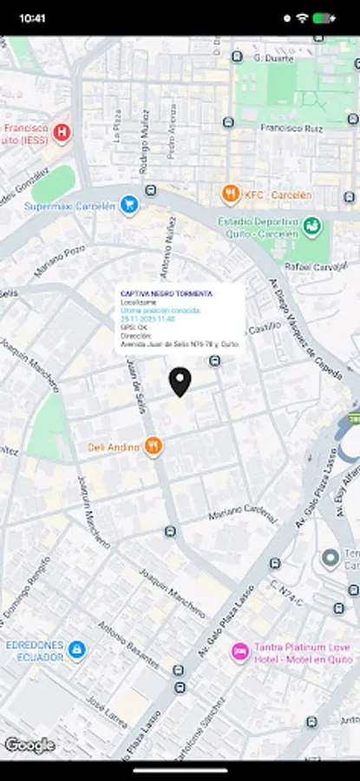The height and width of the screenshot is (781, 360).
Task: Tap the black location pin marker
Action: pyautogui.click(x=180, y=381)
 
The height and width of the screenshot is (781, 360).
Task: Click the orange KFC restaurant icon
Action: pyautogui.click(x=231, y=194)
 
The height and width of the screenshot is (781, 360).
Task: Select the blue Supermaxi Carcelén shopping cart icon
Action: pyautogui.click(x=129, y=206)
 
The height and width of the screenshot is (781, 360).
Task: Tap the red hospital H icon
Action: pyautogui.click(x=62, y=133)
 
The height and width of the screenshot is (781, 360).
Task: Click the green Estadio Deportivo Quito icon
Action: pyautogui.click(x=312, y=226)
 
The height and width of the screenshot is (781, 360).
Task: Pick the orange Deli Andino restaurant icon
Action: pyautogui.click(x=154, y=446)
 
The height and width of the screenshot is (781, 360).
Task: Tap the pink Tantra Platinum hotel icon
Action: pyautogui.click(x=239, y=651)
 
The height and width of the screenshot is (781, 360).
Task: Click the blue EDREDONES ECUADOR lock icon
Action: pyautogui.click(x=76, y=649)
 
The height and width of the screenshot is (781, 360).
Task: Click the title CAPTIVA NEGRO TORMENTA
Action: pyautogui.click(x=166, y=294)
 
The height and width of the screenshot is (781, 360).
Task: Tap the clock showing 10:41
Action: pyautogui.click(x=32, y=16)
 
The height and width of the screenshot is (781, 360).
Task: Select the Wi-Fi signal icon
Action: pyautogui.click(x=301, y=16)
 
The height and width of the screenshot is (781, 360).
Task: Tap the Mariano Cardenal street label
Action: pyautogui.click(x=244, y=512)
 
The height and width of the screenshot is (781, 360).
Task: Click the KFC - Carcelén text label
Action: pyautogui.click(x=278, y=194)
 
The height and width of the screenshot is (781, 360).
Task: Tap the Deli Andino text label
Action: pyautogui.click(x=114, y=448)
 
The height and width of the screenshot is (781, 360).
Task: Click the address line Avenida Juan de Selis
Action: pyautogui.click(x=180, y=344)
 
